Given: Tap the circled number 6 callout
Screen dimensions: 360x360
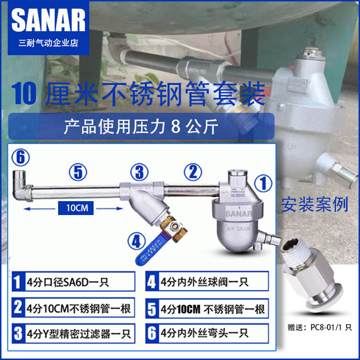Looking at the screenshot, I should pyautogui.click(x=20, y=158).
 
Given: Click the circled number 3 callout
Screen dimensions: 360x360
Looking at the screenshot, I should pyautogui.click(x=140, y=172).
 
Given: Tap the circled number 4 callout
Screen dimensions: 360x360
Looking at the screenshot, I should pyautogui.click(x=135, y=241).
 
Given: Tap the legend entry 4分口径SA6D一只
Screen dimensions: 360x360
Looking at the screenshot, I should pyautogui.click(x=72, y=283).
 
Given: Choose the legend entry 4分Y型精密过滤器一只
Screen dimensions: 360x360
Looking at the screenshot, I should pyautogui.click(x=72, y=334).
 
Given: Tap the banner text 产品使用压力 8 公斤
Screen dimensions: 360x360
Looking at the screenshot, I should pyautogui.click(x=141, y=126).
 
